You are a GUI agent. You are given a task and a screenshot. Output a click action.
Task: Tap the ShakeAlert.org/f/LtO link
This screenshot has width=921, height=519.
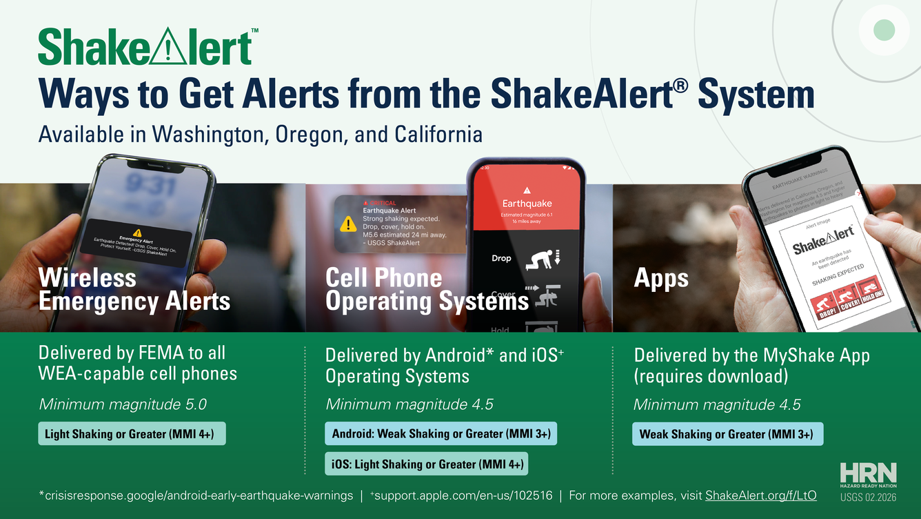click(x=761, y=495)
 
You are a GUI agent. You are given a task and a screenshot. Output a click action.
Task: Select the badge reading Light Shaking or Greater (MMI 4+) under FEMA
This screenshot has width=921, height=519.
click(x=132, y=434)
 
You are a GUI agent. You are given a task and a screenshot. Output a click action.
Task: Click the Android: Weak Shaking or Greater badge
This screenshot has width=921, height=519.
click(x=441, y=434)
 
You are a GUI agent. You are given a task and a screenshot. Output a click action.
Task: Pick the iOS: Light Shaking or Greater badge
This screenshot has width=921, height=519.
click(x=426, y=464)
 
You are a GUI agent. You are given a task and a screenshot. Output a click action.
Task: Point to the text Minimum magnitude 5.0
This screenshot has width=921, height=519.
click(x=123, y=404)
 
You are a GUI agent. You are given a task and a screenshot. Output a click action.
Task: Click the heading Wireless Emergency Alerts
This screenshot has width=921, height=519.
click(x=134, y=290)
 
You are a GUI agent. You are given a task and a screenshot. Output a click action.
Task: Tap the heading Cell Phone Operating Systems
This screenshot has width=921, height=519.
click(x=426, y=290)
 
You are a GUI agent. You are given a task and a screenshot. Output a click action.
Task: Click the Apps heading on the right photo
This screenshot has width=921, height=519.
click(x=660, y=278)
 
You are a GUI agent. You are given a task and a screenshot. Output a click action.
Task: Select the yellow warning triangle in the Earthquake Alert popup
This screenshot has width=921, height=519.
click(x=348, y=224)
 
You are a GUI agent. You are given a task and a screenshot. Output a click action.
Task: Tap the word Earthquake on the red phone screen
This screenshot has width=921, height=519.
click(x=527, y=204)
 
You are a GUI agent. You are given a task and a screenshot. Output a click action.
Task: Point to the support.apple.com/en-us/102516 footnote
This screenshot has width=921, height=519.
click(x=463, y=495)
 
